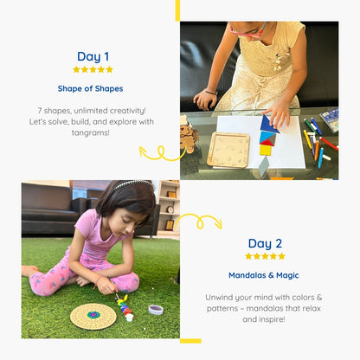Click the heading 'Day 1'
(93, 57)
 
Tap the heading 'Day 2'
(265, 244)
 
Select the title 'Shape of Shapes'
(90, 88)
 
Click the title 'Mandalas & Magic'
(264, 275)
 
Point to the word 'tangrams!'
(91, 132)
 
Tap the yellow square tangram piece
(265, 150)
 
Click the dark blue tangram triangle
(269, 125)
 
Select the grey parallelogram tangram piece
(263, 166)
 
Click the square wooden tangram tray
(228, 150)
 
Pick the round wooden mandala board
(93, 317)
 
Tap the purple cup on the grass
(156, 310)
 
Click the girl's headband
(132, 184)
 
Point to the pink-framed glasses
(248, 32)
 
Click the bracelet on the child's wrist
(211, 93)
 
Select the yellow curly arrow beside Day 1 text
(162, 152)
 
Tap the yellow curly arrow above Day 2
(199, 221)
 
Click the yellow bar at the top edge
(177, 10)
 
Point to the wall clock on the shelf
(170, 209)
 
